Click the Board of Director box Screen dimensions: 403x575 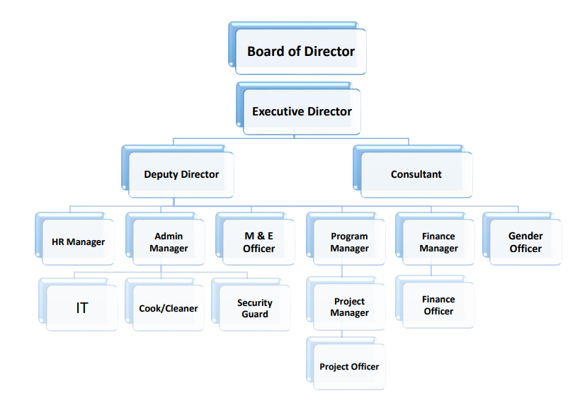[300, 51]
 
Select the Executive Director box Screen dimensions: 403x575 [302, 111]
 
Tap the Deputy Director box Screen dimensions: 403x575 [181, 174]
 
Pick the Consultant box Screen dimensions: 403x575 [416, 174]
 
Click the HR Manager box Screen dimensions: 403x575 [78, 242]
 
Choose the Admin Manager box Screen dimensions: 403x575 [169, 242]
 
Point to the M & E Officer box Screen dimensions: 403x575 [258, 242]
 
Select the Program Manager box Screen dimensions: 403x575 [349, 242]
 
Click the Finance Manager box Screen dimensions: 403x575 [438, 242]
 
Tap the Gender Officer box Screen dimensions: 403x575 [525, 242]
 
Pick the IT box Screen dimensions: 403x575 [82, 308]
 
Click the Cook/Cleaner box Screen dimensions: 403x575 [169, 308]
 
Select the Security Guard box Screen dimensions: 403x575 [254, 308]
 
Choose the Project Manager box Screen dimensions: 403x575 [349, 307]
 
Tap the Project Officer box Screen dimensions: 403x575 [349, 367]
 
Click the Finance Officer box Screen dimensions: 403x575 [438, 305]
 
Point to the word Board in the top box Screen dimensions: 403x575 [263, 51]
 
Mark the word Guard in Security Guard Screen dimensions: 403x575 [254, 314]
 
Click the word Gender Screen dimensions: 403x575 [525, 236]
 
